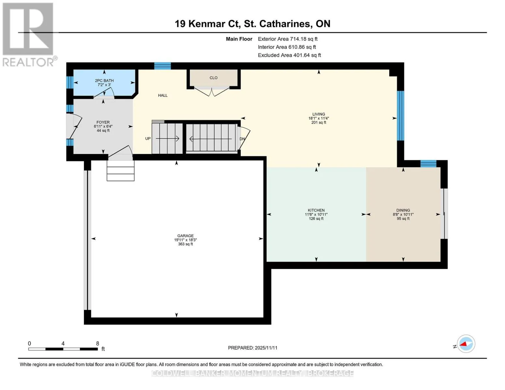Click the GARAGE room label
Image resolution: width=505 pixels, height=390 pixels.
[185, 236]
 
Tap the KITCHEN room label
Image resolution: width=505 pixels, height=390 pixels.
[316, 210]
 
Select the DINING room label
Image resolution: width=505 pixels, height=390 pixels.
[403, 210]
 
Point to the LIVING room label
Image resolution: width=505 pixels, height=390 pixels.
[318, 114]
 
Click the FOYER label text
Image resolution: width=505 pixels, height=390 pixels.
[103, 122]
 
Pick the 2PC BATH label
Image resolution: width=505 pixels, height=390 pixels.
[104, 81]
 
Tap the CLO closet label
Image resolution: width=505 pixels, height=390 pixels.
[213, 78]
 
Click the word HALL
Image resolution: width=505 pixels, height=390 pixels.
[163, 95]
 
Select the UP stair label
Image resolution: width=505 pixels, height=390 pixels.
[148, 138]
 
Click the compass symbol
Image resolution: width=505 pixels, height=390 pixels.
[466, 344]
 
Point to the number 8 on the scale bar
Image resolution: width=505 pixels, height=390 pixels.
[97, 343]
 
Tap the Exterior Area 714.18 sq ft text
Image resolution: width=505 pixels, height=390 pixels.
[287, 39]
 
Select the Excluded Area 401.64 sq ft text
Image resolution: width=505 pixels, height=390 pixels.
[289, 55]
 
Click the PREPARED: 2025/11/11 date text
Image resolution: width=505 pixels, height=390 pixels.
[253, 348]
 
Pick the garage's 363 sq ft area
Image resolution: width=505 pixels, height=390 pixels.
[185, 244]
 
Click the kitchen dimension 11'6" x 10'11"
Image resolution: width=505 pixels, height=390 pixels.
[316, 214]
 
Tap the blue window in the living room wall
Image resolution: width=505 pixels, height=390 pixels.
[400, 116]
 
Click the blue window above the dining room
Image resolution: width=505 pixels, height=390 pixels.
[428, 163]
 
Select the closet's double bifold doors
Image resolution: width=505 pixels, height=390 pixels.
[212, 92]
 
